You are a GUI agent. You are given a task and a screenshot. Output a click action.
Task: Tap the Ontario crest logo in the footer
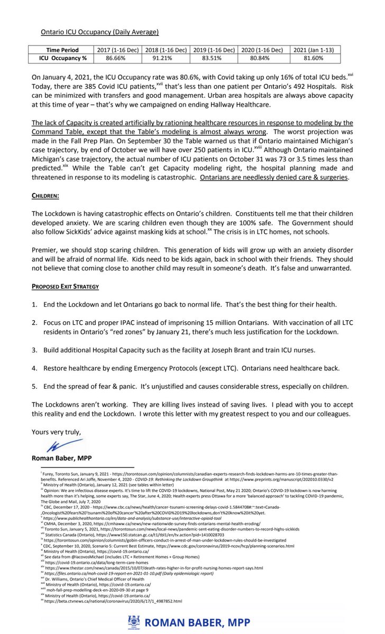[133, 622]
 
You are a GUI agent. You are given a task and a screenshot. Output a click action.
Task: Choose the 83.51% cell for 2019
[214, 57]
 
